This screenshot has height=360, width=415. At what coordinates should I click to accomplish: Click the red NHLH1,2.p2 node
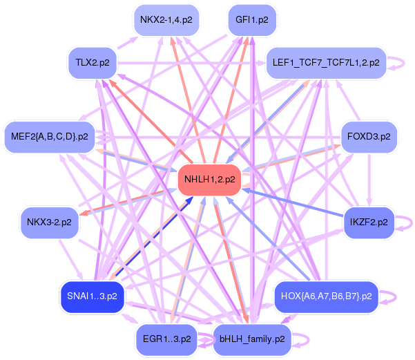(209, 180)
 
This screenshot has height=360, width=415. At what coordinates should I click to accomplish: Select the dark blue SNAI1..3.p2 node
(92, 296)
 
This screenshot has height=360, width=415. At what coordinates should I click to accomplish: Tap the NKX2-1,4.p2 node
(166, 20)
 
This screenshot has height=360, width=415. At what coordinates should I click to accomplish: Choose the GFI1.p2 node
(252, 20)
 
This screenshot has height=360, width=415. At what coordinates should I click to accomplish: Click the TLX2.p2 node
(93, 63)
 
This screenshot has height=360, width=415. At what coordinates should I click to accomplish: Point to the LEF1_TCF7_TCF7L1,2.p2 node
(326, 63)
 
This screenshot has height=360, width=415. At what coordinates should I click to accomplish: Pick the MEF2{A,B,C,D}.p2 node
(50, 137)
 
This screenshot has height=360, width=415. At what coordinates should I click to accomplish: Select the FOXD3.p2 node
(369, 137)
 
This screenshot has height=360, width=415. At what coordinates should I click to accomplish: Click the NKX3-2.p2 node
(49, 222)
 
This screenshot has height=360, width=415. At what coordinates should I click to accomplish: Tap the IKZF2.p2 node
(369, 222)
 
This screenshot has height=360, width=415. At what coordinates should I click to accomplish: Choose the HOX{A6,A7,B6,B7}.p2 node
(327, 296)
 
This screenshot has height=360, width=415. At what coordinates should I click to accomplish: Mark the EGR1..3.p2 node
(166, 339)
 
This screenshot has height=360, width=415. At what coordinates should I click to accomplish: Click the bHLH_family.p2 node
(252, 339)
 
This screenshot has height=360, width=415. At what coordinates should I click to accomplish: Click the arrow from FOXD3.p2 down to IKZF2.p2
(369, 180)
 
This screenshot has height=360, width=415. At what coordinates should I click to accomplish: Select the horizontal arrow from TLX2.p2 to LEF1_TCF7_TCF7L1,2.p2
(191, 63)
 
